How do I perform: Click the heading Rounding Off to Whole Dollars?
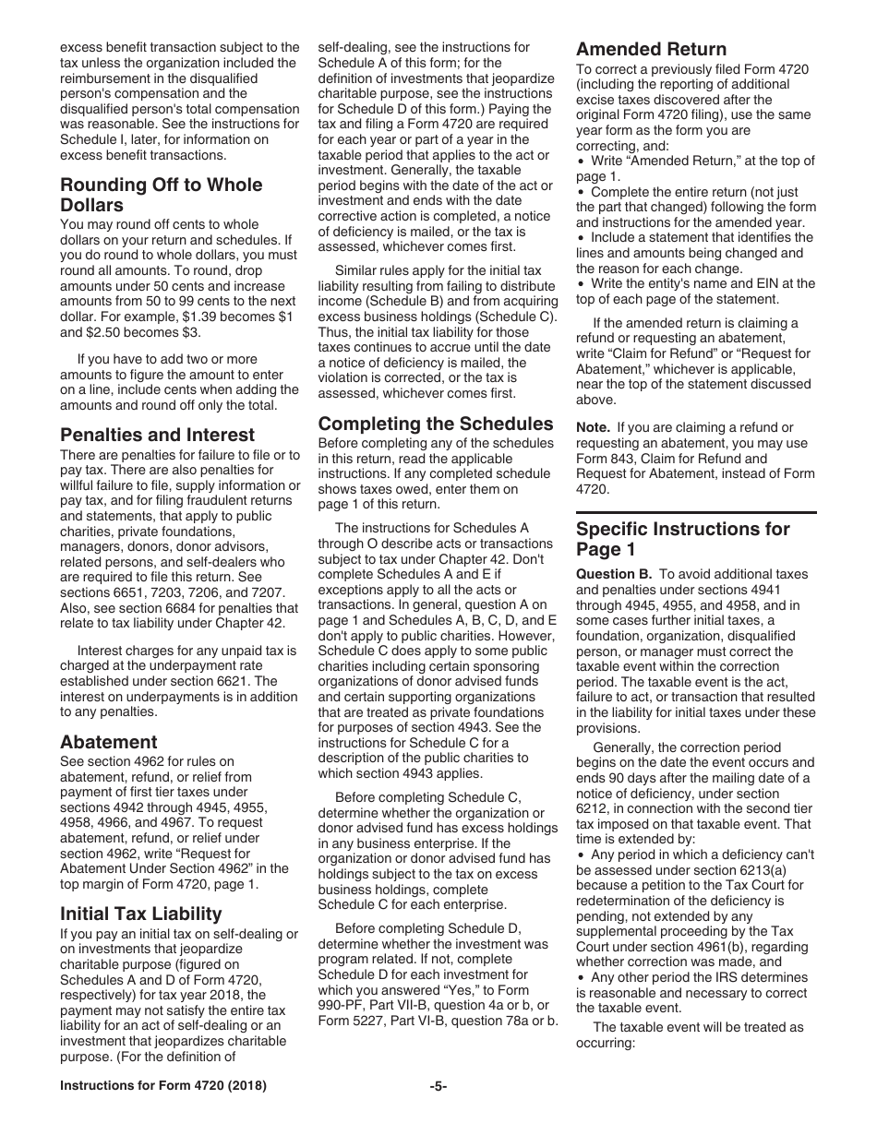tap(161, 194)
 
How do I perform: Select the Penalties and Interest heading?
tap(157, 435)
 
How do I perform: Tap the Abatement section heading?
tap(109, 742)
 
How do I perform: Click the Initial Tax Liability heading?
tap(141, 914)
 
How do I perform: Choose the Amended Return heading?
tap(651, 49)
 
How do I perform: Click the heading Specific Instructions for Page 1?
tap(682, 539)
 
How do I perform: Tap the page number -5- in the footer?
tap(438, 1086)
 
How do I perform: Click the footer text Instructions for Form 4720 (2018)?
tap(163, 1086)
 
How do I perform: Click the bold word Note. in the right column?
tap(593, 427)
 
